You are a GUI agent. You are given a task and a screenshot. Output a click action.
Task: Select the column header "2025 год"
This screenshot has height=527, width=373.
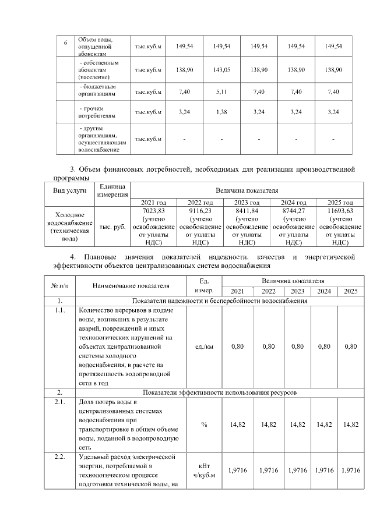click(x=340, y=201)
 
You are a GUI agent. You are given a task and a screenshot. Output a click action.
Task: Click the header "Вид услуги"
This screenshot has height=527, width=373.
click(x=70, y=190)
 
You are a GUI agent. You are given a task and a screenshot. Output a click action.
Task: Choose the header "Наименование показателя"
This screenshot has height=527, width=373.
click(x=131, y=286)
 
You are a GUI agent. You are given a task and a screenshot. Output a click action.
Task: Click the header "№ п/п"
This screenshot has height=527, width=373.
click(x=61, y=286)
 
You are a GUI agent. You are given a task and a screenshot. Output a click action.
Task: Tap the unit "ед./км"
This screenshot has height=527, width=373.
click(x=204, y=346)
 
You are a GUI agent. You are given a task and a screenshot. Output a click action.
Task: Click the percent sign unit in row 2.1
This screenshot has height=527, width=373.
click(x=204, y=425)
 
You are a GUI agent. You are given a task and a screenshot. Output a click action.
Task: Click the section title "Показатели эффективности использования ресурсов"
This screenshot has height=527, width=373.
click(x=220, y=393)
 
